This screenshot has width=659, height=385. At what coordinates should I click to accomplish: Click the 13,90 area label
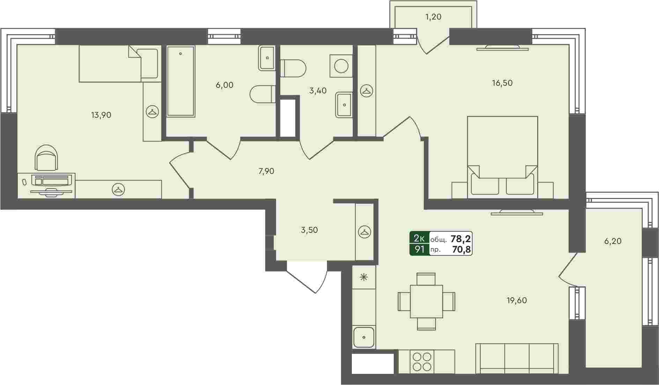(101, 115)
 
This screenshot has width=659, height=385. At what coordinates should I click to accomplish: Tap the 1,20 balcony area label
(433, 17)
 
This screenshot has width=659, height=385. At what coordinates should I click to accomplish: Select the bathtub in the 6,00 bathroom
(181, 81)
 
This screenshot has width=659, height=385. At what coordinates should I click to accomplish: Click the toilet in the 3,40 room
(294, 68)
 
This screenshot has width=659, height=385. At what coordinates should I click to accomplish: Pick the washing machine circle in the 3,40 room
(341, 66)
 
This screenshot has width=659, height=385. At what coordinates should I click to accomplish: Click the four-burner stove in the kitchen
(422, 361)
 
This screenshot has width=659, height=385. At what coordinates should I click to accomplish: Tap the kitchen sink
(364, 337)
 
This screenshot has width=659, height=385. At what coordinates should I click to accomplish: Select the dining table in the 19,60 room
(426, 301)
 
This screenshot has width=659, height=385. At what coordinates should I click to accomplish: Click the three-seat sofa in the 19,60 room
(517, 359)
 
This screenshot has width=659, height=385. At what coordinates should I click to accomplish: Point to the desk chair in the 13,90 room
(46, 158)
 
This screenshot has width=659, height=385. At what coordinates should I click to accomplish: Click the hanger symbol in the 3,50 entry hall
(365, 232)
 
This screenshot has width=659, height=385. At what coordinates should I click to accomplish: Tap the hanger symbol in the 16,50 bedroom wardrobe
(366, 91)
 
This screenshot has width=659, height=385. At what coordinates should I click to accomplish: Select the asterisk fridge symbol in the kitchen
(364, 277)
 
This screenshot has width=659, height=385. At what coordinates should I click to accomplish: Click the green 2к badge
(419, 238)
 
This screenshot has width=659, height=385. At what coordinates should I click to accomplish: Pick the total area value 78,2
(461, 239)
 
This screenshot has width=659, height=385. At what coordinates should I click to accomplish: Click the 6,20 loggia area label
(613, 241)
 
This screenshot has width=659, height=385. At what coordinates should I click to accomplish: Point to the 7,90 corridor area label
(266, 171)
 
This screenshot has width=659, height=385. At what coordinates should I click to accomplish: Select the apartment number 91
(419, 249)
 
